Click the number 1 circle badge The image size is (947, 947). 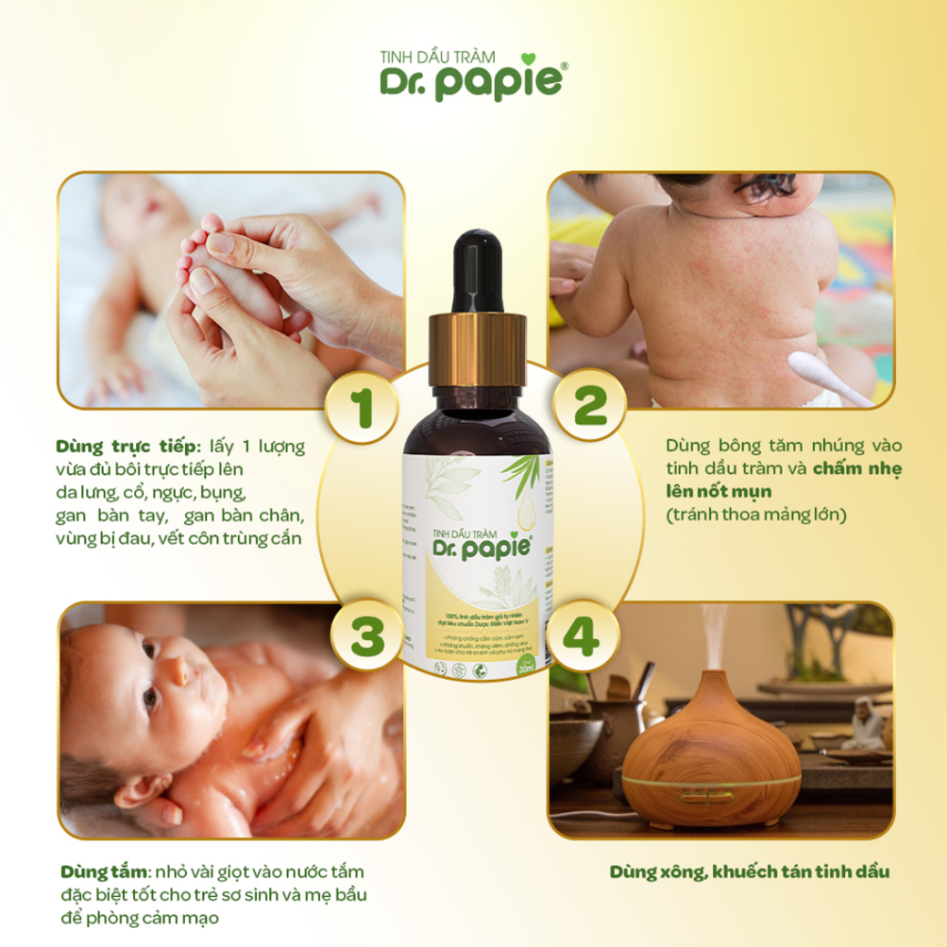pyautogui.click(x=362, y=407)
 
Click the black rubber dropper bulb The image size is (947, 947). pyautogui.click(x=477, y=268)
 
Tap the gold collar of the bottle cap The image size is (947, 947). pyautogui.click(x=477, y=349)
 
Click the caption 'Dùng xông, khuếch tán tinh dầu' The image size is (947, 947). pyautogui.click(x=749, y=872)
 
